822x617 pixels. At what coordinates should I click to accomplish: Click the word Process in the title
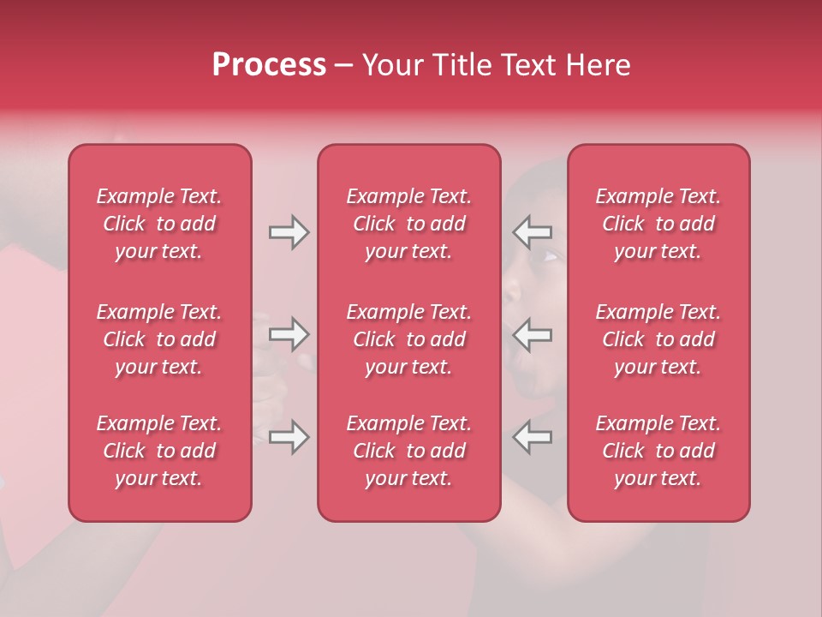(x=269, y=65)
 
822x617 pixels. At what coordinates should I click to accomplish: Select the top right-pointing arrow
(x=289, y=232)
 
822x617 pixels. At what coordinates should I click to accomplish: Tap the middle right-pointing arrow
(x=289, y=334)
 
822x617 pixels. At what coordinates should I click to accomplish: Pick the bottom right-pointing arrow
(x=289, y=437)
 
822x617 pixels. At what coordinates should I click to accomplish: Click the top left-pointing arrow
(x=532, y=232)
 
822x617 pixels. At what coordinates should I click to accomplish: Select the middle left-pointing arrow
(x=532, y=334)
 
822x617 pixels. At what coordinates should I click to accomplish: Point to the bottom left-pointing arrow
(x=532, y=437)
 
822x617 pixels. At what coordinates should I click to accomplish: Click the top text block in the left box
(x=159, y=224)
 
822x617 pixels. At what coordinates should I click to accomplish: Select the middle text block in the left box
(x=159, y=339)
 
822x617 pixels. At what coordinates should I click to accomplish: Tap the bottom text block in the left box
(x=159, y=451)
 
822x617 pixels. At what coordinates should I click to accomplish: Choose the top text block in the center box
(x=409, y=224)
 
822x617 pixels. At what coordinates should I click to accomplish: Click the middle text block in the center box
(x=409, y=339)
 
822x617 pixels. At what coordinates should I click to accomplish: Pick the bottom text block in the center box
(x=409, y=451)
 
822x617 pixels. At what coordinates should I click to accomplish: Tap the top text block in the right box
(x=658, y=224)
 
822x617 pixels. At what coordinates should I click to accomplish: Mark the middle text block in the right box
(x=658, y=339)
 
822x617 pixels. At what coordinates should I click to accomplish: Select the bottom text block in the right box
(x=658, y=451)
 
